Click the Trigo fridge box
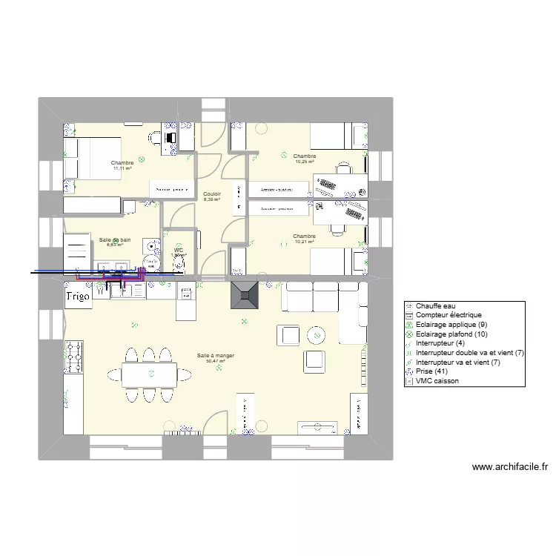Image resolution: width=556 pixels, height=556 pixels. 78,296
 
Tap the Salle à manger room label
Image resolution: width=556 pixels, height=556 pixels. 216,356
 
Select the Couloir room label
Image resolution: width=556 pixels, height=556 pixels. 212,193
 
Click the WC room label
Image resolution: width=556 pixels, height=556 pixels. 179,251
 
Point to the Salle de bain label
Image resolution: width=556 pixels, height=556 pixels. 115,239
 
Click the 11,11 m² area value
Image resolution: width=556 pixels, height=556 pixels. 122,168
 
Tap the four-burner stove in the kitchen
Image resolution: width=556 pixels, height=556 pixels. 75,357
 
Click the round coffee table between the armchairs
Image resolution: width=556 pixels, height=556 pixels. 317,336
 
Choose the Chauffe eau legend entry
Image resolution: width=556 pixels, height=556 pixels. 437,305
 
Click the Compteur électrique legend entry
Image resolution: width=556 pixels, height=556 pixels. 448,315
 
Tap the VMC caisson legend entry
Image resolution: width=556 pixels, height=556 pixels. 437,382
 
